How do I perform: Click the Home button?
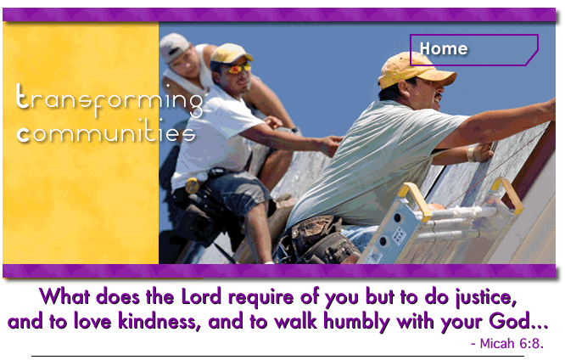point(474,50)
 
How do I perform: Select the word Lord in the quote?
point(201,297)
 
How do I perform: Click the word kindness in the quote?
point(159,322)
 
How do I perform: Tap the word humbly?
point(356,323)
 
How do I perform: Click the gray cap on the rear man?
point(174,47)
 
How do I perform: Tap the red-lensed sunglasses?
point(238,68)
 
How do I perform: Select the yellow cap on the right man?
point(413,71)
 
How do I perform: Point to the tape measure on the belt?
point(192,185)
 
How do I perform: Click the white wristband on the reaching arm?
point(471,153)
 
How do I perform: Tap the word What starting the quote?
point(64,297)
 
